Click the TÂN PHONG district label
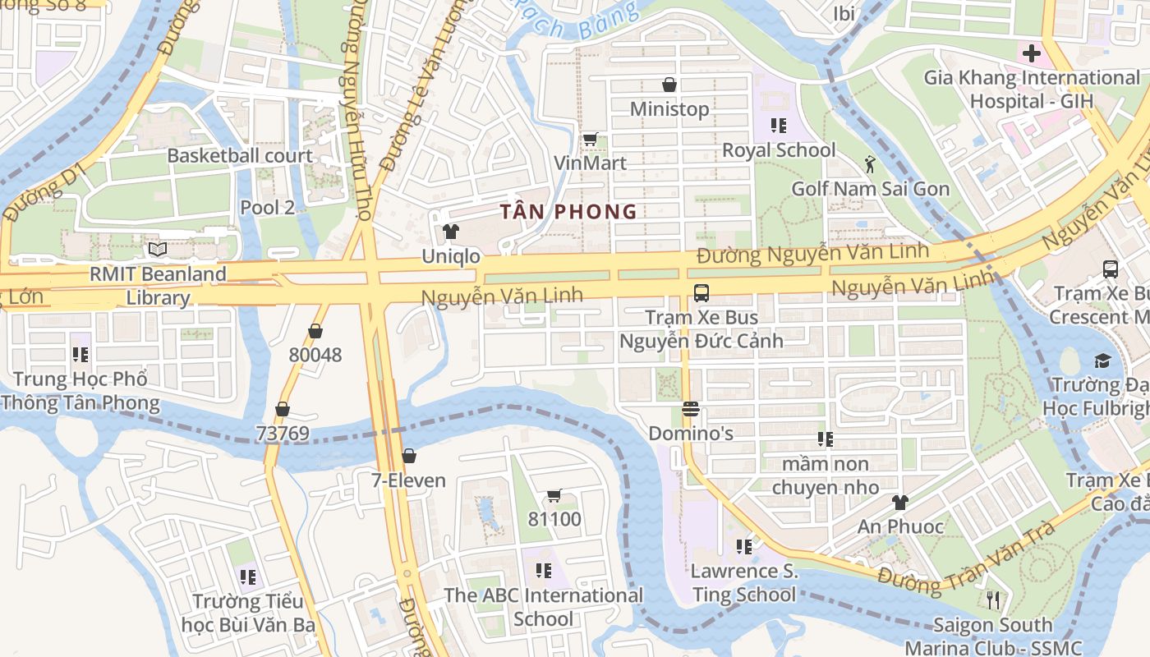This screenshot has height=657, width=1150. pyautogui.click(x=568, y=211)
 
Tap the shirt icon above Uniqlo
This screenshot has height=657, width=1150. pyautogui.click(x=450, y=232)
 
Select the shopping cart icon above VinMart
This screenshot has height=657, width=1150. pyautogui.click(x=589, y=139)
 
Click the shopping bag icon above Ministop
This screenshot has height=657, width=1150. pyautogui.click(x=669, y=85)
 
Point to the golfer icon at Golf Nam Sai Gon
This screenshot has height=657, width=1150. pyautogui.click(x=870, y=165)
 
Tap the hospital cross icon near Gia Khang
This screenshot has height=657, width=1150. pyautogui.click(x=1031, y=54)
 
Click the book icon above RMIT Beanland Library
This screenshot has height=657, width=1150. pyautogui.click(x=157, y=249)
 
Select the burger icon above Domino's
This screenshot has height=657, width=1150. pyautogui.click(x=690, y=409)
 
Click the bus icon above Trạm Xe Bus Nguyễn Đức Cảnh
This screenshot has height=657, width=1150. pyautogui.click(x=701, y=292)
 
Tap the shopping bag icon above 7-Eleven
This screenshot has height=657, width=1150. pyautogui.click(x=408, y=456)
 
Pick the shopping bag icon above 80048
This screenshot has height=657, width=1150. pyautogui.click(x=315, y=331)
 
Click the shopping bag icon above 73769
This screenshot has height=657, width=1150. pyautogui.click(x=282, y=409)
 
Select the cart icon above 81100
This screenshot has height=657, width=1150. pyautogui.click(x=554, y=495)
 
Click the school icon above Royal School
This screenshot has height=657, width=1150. pyautogui.click(x=778, y=126)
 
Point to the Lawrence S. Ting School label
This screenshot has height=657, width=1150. pyautogui.click(x=744, y=582)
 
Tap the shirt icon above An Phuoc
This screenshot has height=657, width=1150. pyautogui.click(x=900, y=502)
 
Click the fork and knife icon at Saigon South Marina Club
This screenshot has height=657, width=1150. pyautogui.click(x=992, y=600)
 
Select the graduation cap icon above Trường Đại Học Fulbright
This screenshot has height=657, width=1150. pyautogui.click(x=1102, y=361)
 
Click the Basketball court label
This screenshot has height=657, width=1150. pyautogui.click(x=240, y=155)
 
